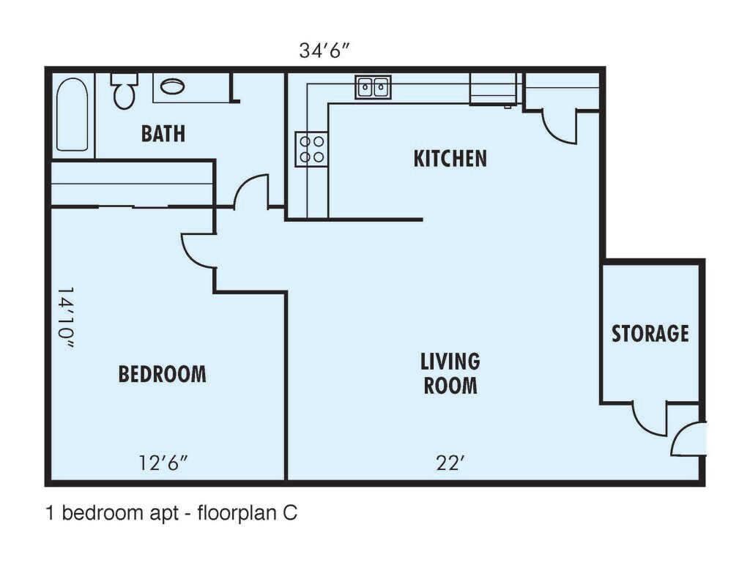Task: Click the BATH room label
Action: [163, 133]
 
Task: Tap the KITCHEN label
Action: [450, 158]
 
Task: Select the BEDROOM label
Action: [162, 374]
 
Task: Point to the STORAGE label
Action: [650, 333]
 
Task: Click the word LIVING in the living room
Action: [450, 362]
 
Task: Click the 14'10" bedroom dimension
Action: [65, 318]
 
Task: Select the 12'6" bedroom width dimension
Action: [163, 463]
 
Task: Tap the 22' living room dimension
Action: [450, 463]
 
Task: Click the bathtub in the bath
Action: [73, 115]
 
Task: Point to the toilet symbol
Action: [125, 90]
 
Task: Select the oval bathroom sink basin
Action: [172, 86]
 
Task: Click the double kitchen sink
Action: [373, 87]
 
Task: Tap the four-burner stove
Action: [311, 149]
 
